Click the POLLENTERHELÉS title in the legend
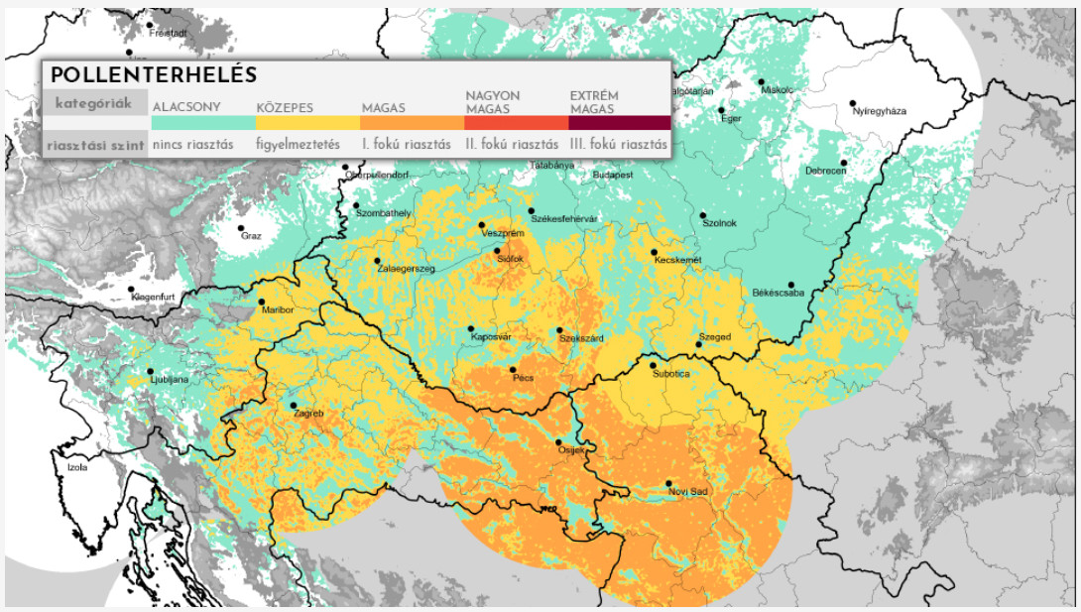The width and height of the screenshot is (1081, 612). click(x=154, y=75)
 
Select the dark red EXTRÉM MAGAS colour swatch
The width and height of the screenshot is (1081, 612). click(x=619, y=123)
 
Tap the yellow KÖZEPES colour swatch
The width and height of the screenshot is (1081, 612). click(x=307, y=123)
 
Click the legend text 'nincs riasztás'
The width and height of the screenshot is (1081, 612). click(x=193, y=144)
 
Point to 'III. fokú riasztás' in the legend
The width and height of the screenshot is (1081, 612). click(x=619, y=144)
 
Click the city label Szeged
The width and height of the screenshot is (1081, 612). click(x=714, y=337)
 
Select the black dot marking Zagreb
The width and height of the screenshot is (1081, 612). click(x=294, y=405)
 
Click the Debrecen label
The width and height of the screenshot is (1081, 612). click(x=826, y=172)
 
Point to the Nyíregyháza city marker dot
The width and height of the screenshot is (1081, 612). click(x=852, y=103)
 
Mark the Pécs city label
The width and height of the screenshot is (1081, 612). click(x=523, y=378)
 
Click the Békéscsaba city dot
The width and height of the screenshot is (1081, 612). click(x=791, y=285)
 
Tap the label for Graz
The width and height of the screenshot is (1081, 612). click(x=250, y=236)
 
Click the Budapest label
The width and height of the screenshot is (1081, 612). click(x=613, y=175)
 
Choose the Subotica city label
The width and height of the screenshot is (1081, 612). click(x=670, y=374)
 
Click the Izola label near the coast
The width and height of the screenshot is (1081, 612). click(x=75, y=467)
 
